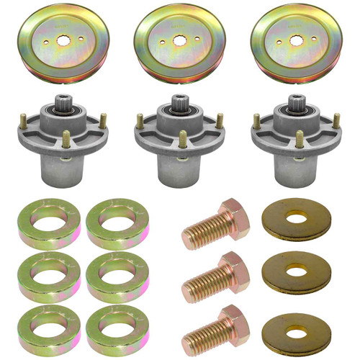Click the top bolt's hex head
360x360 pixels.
(x=234, y=217)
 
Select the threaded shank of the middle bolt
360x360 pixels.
(x=202, y=279)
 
